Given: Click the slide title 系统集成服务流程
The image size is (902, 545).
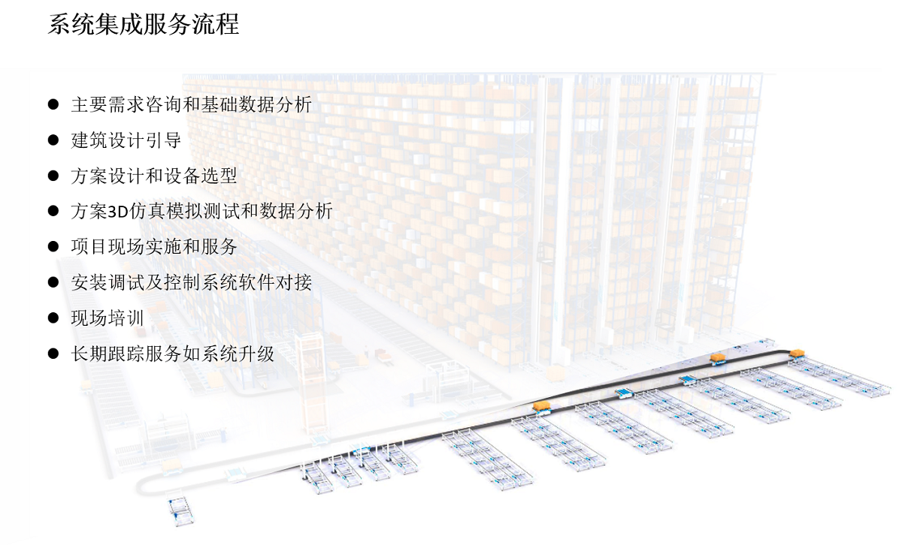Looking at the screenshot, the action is [x=144, y=24].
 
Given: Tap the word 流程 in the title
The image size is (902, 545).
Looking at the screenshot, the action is [x=216, y=24].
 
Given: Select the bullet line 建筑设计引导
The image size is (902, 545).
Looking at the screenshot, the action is [x=126, y=140].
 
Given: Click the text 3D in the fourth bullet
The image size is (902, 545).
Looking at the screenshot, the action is [x=118, y=212].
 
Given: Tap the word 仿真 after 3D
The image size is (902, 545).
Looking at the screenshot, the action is [x=147, y=212].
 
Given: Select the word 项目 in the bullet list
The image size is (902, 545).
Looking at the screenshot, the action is [x=89, y=246].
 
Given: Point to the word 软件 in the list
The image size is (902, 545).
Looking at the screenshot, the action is [x=256, y=282].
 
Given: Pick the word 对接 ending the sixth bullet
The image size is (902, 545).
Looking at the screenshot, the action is [x=294, y=282].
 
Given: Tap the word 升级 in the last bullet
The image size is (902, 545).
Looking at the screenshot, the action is [x=256, y=354].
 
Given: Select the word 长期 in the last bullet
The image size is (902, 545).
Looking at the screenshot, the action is [x=89, y=354].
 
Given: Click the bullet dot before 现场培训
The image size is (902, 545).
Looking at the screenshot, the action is [x=53, y=318].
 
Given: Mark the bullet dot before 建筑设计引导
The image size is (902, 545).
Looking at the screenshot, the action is [x=53, y=140].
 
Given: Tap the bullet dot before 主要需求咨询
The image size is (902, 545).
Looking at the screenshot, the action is [x=53, y=104].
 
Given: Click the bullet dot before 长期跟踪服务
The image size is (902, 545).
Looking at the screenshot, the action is [x=53, y=354].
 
